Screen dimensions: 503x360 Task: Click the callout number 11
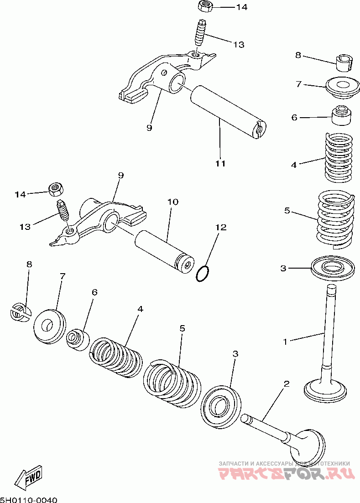click(x=220, y=163)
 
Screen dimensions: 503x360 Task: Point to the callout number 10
click(x=172, y=202)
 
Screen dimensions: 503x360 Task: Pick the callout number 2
click(x=287, y=384)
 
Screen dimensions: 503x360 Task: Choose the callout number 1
click(x=285, y=341)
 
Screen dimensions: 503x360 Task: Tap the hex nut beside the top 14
click(x=204, y=7)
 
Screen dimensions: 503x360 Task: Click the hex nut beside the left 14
click(x=56, y=188)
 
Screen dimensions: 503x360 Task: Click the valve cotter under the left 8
click(x=20, y=312)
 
